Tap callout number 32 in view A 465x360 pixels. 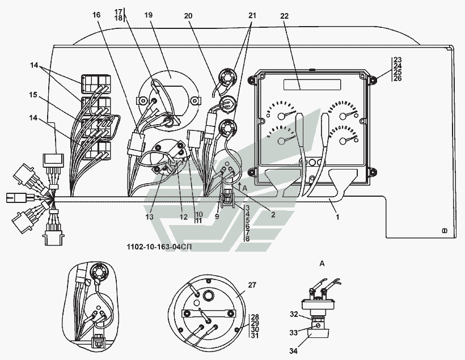[x=293, y=314]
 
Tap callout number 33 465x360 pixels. [x=293, y=332]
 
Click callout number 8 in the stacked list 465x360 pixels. [x=247, y=239]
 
